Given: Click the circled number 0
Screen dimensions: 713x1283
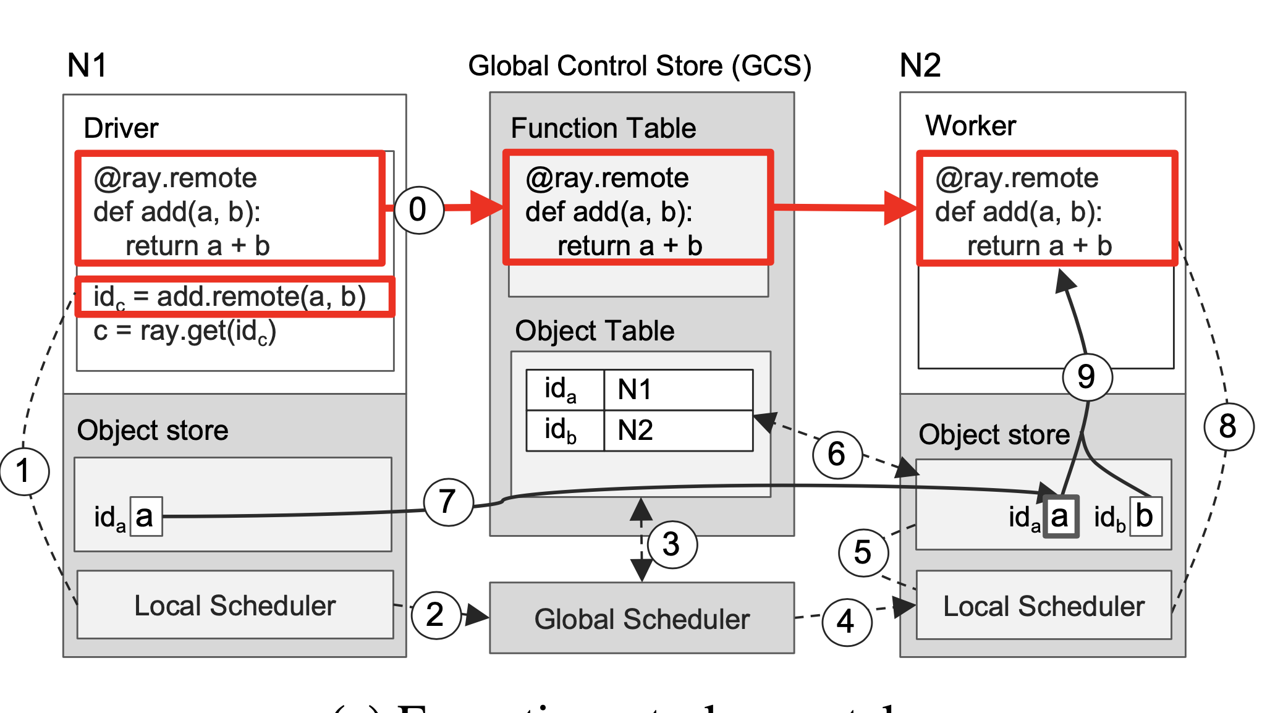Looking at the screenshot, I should (x=418, y=209).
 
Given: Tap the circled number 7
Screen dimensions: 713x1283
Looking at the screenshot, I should (x=448, y=502).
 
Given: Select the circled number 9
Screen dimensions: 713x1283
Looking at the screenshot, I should (x=1087, y=377).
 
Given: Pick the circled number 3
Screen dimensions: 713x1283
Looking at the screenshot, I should (x=671, y=544).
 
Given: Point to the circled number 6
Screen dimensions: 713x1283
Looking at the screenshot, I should (x=837, y=454).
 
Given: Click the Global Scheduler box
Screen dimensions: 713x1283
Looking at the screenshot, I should (x=641, y=618).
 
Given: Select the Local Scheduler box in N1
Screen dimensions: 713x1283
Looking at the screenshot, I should (x=235, y=605).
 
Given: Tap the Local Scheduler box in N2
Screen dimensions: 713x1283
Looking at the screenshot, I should (x=1043, y=605).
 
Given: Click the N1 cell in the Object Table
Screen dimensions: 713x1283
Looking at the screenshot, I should (x=677, y=390).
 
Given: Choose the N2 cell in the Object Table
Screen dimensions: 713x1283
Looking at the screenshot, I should (x=677, y=430).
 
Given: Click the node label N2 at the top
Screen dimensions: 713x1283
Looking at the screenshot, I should (x=920, y=65).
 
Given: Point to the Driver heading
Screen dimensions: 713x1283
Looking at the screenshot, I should (x=121, y=129).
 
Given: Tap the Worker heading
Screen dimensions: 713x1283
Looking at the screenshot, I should (x=970, y=126).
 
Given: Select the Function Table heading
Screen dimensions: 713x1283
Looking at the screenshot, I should (x=603, y=129).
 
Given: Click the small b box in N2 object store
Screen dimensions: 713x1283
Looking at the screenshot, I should (x=1145, y=516).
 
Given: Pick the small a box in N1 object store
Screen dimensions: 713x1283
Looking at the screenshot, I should (x=146, y=516).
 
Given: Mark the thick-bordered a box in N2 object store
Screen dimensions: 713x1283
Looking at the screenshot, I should (x=1060, y=516).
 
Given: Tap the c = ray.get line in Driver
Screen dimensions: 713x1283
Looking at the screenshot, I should (x=184, y=332).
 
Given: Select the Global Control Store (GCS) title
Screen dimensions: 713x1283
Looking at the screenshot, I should (x=640, y=65).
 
